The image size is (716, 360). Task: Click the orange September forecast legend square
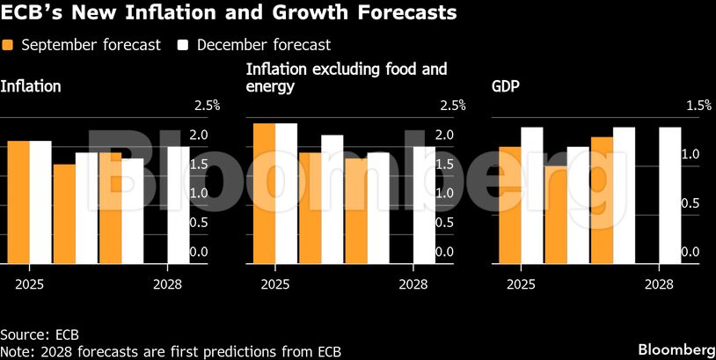coord(9,45)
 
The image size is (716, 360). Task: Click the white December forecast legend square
coord(184,45)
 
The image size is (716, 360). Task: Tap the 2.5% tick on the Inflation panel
coord(205,106)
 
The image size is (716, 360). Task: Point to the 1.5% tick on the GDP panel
coord(698,106)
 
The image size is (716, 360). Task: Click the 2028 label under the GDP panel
coord(659,284)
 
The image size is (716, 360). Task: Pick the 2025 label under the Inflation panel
coord(29,284)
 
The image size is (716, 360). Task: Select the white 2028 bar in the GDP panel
coord(670,195)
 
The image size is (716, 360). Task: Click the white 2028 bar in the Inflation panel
coord(179,205)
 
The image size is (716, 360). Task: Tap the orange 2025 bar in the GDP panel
coord(509,205)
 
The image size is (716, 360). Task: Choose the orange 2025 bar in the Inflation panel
coord(18,202)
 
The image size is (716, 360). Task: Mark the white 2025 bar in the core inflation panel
coord(286,194)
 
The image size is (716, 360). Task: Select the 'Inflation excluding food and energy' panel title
coord(347,77)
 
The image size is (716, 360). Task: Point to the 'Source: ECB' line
coord(40,334)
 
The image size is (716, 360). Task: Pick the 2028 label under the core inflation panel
coord(413,284)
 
